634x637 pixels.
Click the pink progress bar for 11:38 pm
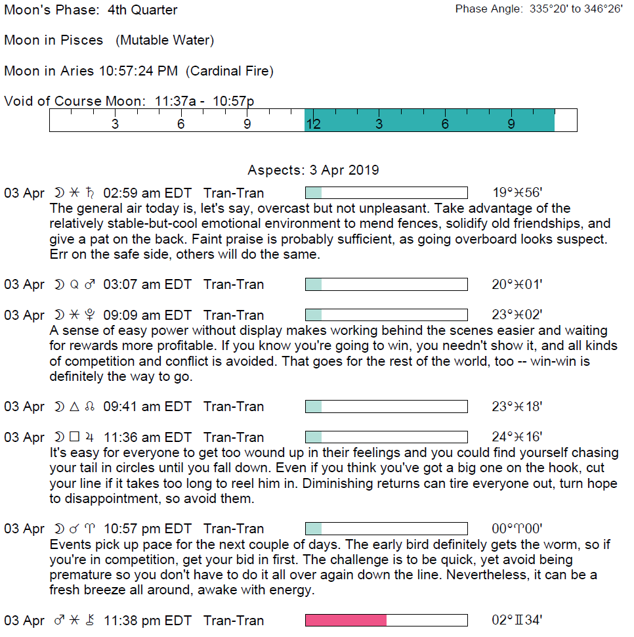pyautogui.click(x=346, y=621)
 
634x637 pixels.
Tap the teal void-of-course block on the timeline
pyautogui.click(x=429, y=121)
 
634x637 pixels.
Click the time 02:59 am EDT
pyautogui.click(x=148, y=193)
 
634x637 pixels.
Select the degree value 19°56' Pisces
pyautogui.click(x=517, y=193)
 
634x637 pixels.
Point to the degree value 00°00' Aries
pyautogui.click(x=517, y=529)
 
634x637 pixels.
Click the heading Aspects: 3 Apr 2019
pyautogui.click(x=313, y=170)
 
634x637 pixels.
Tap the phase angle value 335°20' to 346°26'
pyautogui.click(x=576, y=10)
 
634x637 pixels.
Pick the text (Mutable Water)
pyautogui.click(x=165, y=40)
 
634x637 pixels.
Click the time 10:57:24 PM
pyautogui.click(x=138, y=71)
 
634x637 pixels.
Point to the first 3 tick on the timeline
pyautogui.click(x=115, y=124)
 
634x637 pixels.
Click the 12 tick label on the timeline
pyautogui.click(x=313, y=124)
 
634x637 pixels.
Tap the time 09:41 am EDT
pyautogui.click(x=148, y=406)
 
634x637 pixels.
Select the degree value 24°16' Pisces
pyautogui.click(x=517, y=437)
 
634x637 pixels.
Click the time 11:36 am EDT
pyautogui.click(x=148, y=437)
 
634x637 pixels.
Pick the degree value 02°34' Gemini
pyautogui.click(x=517, y=621)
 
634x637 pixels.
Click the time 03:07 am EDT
pyautogui.click(x=148, y=284)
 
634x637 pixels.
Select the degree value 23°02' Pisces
pyautogui.click(x=517, y=315)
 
